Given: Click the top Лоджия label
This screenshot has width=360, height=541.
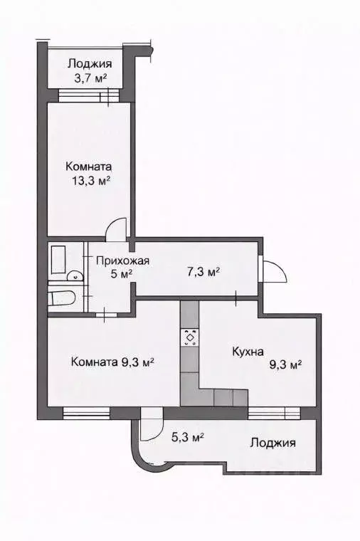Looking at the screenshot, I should click(90, 63).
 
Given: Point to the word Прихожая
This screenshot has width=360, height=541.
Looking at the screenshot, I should click(122, 260).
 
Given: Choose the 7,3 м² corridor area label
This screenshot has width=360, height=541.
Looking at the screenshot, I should click(203, 272).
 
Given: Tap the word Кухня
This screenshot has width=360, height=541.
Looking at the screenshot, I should click(248, 351).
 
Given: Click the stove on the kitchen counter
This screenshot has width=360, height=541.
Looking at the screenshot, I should click(190, 336).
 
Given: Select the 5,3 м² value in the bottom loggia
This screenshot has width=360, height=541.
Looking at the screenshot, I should click(189, 437).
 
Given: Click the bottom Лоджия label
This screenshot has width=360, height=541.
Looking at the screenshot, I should click(272, 443).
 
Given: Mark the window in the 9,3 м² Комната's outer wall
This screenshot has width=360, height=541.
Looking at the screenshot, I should click(86, 411).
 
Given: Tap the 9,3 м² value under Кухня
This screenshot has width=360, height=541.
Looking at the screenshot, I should click(285, 364).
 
